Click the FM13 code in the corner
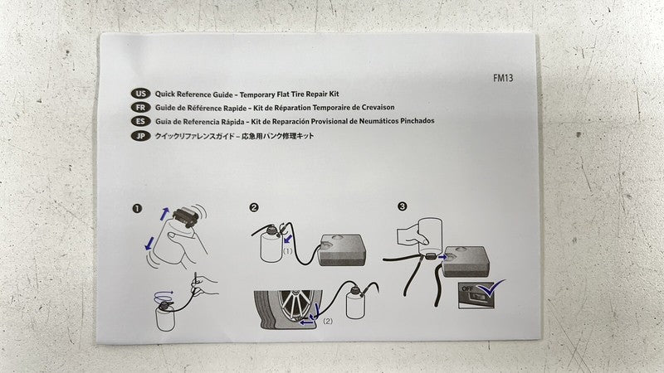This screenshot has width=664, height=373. (503, 78)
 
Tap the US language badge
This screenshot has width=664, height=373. (140, 94)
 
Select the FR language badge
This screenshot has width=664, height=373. (140, 108)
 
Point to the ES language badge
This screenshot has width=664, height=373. (140, 121)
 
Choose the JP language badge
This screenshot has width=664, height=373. (140, 136)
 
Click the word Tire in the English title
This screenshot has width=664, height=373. (297, 94)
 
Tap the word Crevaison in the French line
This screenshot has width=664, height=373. (378, 108)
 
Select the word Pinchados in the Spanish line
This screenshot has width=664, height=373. (417, 121)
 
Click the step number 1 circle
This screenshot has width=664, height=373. (137, 209)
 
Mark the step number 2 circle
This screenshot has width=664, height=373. (254, 207)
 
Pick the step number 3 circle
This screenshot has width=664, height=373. (403, 206)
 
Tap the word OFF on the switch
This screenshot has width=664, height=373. (467, 288)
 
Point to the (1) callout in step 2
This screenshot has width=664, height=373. (287, 251)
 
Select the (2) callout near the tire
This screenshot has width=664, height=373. (328, 321)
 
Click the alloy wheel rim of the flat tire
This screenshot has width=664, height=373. (295, 305)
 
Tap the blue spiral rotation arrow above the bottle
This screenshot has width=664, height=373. (164, 294)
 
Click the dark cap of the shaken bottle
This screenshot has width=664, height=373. (185, 216)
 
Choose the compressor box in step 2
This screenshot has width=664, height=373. (343, 250)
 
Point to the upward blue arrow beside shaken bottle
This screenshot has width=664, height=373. (164, 214)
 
